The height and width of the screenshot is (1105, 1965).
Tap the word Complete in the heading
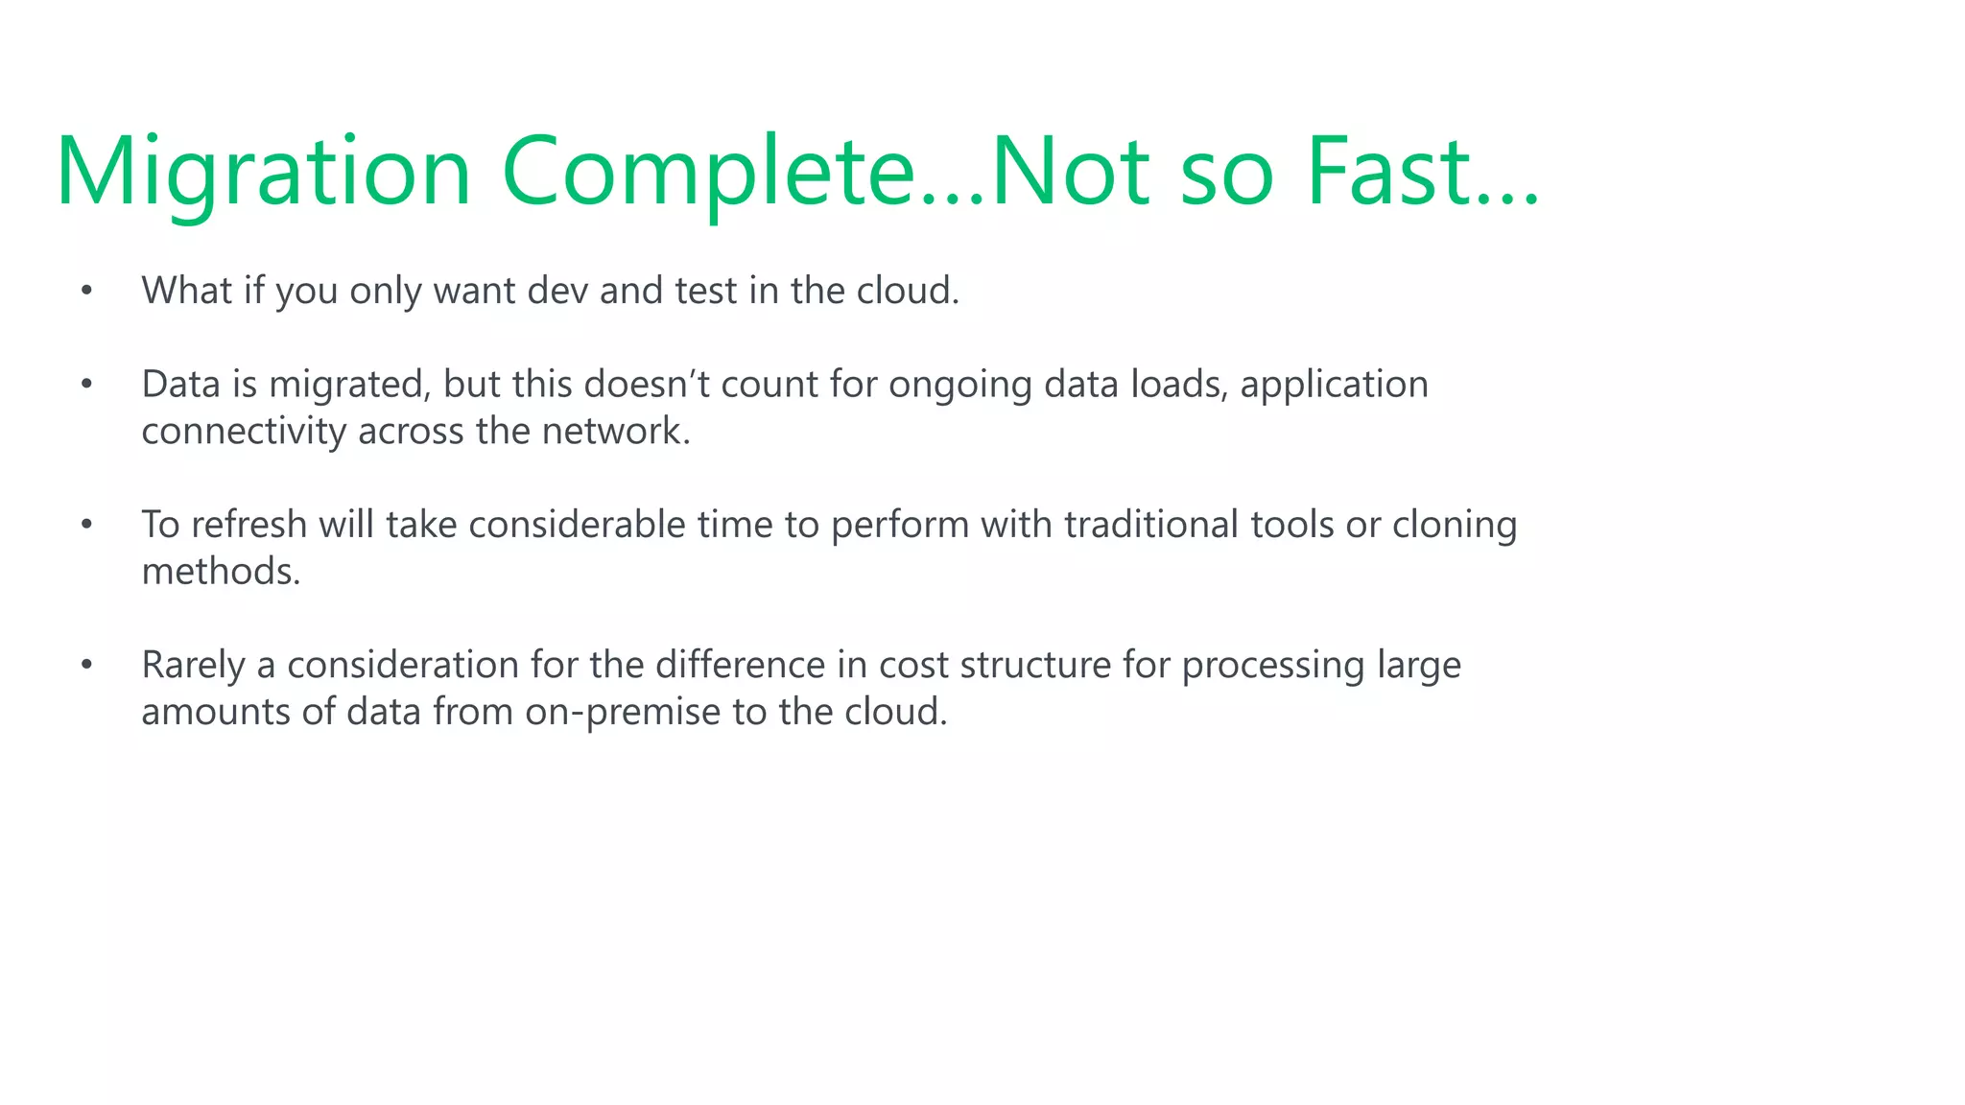[708, 173]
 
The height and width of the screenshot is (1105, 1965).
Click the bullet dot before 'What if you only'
[86, 291]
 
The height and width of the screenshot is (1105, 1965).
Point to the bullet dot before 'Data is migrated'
[86, 384]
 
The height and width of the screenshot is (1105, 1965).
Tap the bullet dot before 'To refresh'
[86, 524]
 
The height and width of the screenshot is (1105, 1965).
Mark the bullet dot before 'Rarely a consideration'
[86, 664]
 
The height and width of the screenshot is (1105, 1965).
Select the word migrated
[349, 385]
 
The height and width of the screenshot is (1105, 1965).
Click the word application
[1334, 385]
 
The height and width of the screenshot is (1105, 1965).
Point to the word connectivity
[244, 431]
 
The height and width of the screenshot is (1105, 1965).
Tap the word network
[615, 431]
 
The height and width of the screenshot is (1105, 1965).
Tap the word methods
[221, 571]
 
